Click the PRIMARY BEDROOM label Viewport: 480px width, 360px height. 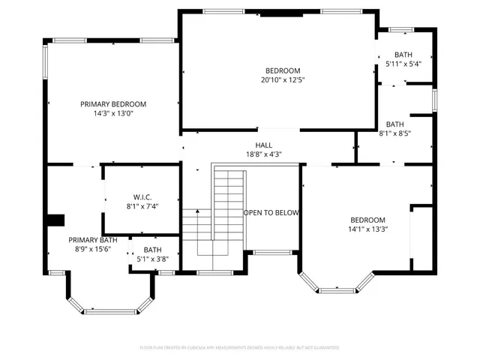tap(113, 104)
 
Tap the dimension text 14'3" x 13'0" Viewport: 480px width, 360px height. tap(113, 114)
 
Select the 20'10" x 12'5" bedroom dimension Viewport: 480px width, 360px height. tap(283, 79)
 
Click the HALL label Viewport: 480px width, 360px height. tap(264, 145)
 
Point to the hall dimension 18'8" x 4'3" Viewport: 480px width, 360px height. tap(264, 154)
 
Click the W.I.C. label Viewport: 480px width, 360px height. tap(142, 197)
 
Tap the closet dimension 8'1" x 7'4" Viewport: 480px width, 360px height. tap(142, 206)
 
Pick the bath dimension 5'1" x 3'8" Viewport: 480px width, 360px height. tap(153, 259)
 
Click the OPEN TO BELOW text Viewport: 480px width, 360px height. tap(271, 213)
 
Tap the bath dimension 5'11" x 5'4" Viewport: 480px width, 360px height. tap(404, 64)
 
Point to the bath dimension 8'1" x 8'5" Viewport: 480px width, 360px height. tap(395, 133)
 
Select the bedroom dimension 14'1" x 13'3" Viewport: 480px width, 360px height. tap(368, 229)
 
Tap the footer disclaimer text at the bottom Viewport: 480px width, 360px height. tap(240, 348)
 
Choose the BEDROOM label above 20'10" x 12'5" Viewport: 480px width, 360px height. tap(283, 70)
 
